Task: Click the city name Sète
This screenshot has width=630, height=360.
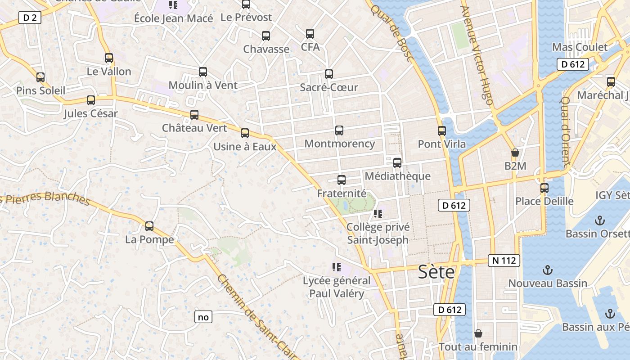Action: coord(436,272)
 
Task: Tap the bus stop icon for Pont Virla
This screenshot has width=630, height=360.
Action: coord(442,131)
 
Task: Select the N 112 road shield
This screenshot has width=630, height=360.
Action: coord(504,261)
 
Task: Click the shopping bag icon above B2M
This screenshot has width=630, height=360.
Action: coord(515,153)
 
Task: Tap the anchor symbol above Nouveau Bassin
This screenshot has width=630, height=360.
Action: coord(548,270)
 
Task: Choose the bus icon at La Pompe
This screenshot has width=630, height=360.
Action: coord(149,226)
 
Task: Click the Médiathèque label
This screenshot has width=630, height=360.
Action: coord(397,176)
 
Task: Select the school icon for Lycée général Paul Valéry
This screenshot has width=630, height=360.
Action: coord(336,268)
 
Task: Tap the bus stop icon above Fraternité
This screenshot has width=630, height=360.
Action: coord(342,180)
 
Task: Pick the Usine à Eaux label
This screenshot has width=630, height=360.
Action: coord(245,146)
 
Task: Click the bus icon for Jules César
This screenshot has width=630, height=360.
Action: coord(91,100)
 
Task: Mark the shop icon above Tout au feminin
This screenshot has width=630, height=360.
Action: coord(478,333)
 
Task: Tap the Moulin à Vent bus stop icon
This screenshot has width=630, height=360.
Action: coord(203,72)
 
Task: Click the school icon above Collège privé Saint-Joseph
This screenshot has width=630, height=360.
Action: coord(378,214)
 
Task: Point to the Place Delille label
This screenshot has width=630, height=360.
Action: coord(544,201)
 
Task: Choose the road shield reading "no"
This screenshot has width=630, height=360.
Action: coord(203,317)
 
